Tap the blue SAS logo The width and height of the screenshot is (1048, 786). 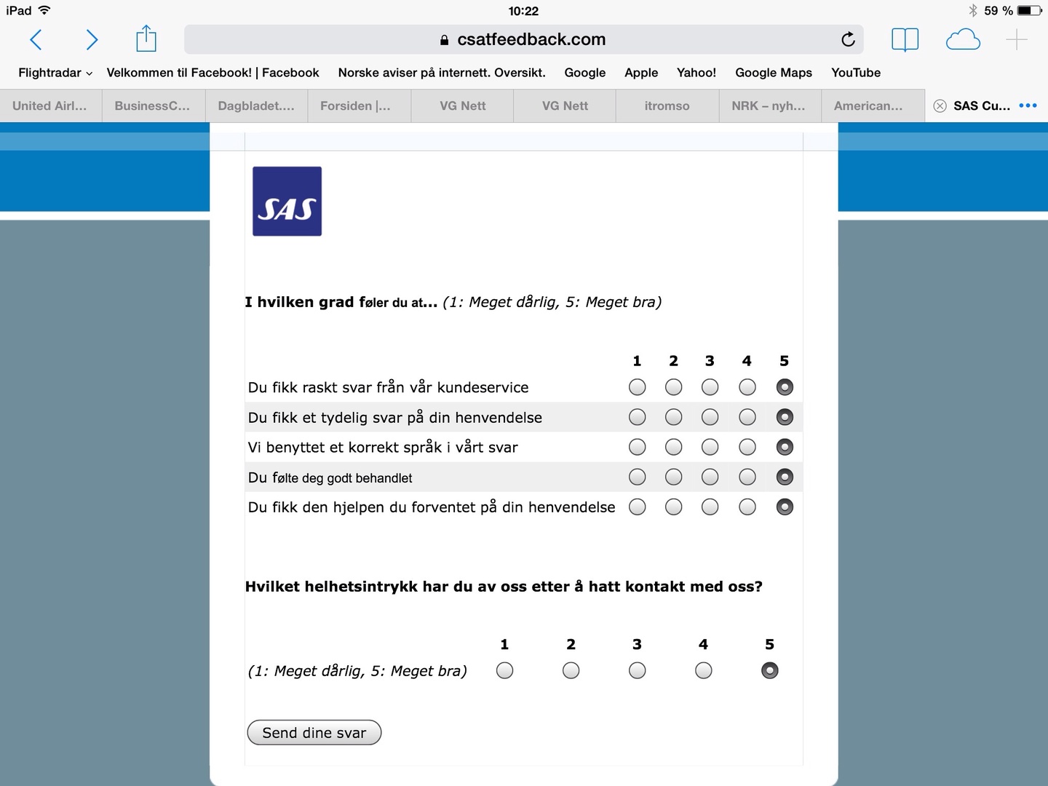coord(287,202)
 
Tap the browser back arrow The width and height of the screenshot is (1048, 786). coord(36,39)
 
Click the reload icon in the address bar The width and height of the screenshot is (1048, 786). coord(848,39)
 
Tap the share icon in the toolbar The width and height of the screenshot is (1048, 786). coord(146,39)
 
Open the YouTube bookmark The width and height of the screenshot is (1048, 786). coord(856,73)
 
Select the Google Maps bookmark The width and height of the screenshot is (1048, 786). coord(773,73)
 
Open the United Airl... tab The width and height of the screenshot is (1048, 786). coord(49,106)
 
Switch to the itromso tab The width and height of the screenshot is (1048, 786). coord(667,106)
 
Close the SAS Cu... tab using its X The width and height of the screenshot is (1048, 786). coord(940,106)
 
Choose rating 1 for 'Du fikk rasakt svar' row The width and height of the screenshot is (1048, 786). coord(637,387)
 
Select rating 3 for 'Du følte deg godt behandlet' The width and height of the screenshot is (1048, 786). coord(710,477)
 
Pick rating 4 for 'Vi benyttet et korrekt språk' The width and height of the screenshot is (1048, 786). coord(747,447)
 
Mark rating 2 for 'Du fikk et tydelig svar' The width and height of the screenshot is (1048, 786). coord(673,417)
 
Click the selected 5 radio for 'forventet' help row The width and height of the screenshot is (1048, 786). coord(785,507)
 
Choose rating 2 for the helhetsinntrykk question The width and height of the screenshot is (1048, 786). coord(571,670)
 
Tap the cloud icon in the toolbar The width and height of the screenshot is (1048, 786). coord(963,39)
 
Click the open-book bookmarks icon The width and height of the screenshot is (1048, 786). coord(905,39)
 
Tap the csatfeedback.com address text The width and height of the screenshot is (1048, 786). coord(531,39)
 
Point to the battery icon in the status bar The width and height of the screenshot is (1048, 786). coord(1029,11)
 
